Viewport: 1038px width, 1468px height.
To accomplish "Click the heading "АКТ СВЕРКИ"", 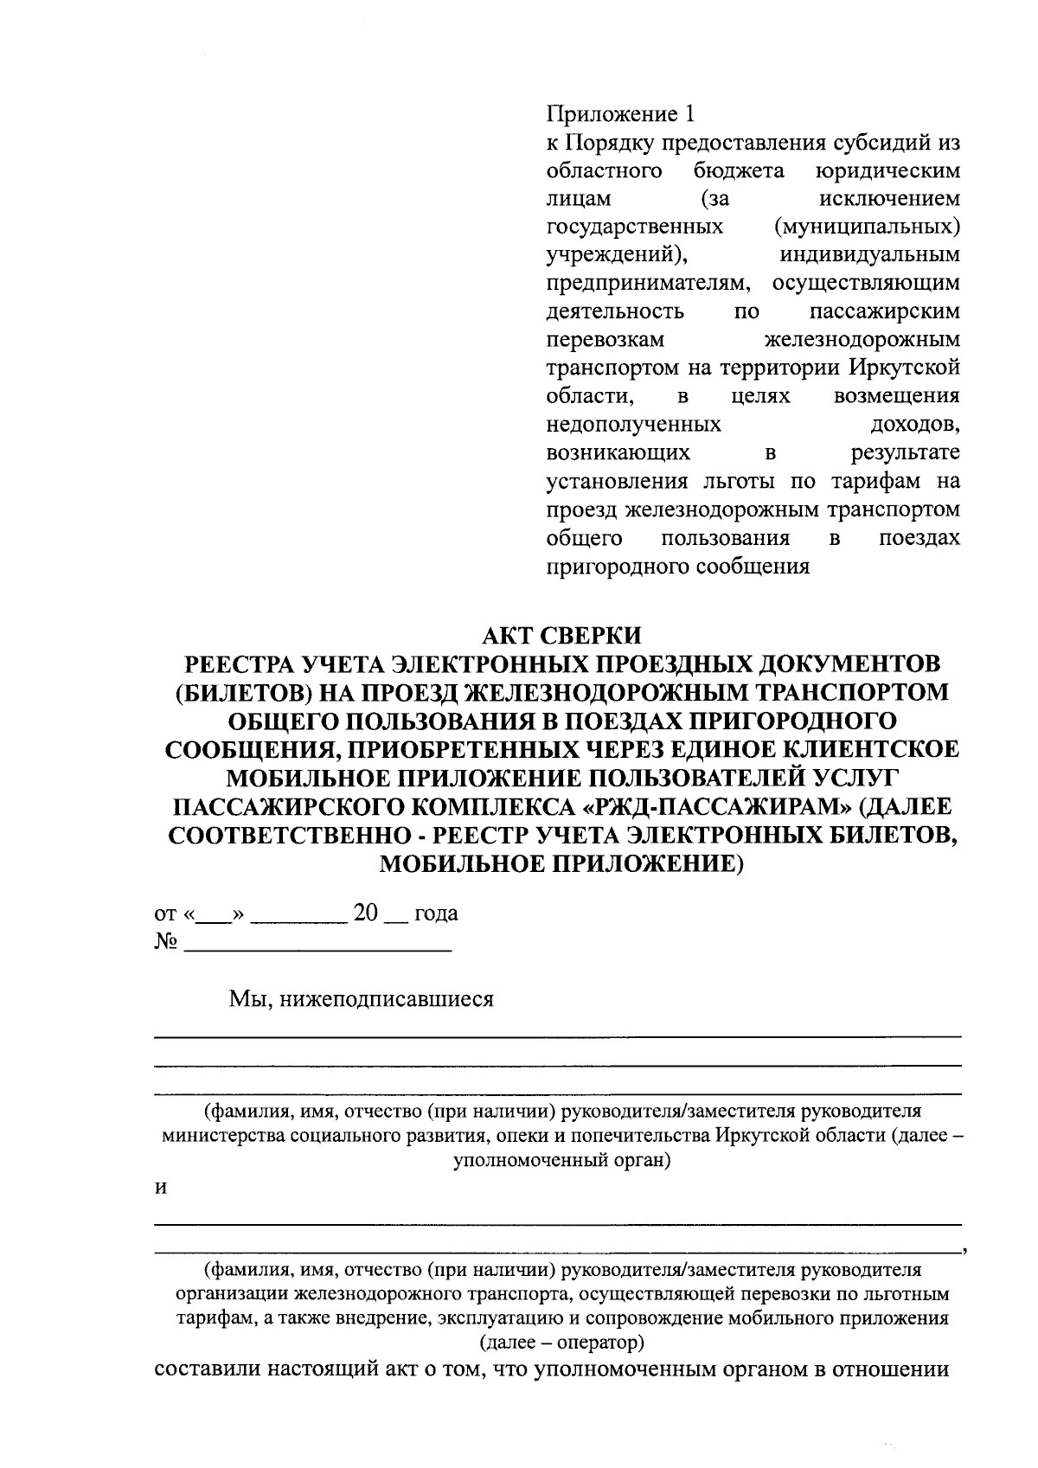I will tap(561, 635).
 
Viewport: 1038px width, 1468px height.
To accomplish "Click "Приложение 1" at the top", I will tap(620, 113).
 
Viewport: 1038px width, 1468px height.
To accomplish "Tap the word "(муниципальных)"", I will tap(867, 227).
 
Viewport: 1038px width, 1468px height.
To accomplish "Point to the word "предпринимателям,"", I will tap(649, 283).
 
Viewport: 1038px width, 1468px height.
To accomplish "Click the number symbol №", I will tap(165, 942).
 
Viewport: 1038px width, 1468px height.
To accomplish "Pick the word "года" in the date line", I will tap(436, 913).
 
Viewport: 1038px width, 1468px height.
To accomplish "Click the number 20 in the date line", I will tap(367, 913).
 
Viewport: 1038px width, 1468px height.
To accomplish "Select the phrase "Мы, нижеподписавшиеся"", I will tap(361, 999).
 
